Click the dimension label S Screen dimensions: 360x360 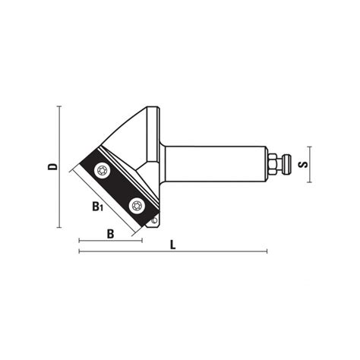pos(302,164)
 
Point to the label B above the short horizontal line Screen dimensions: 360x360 pos(110,234)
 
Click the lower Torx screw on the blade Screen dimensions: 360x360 pos(137,204)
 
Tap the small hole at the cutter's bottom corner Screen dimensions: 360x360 pos(155,221)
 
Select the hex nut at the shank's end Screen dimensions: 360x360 pos(270,163)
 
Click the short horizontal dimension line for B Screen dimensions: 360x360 pos(110,242)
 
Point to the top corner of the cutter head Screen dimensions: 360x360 pos(156,106)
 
